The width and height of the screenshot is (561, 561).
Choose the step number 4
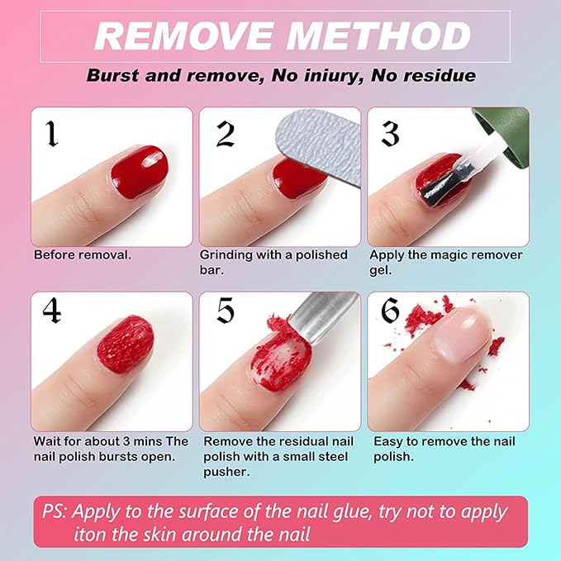click(x=51, y=310)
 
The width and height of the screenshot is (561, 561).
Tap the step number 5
click(x=226, y=310)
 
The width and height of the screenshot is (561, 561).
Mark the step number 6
click(x=390, y=310)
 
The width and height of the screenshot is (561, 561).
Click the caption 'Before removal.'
click(x=82, y=255)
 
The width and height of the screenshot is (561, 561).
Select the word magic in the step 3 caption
click(x=445, y=255)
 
